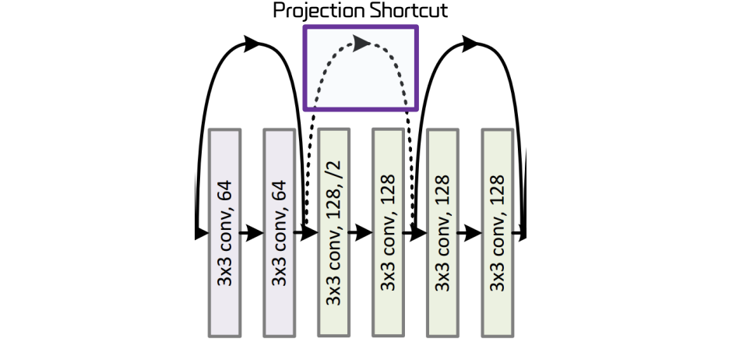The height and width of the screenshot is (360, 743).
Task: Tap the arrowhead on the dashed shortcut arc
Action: pyautogui.click(x=362, y=43)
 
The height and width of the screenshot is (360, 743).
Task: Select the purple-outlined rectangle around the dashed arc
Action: pyautogui.click(x=361, y=68)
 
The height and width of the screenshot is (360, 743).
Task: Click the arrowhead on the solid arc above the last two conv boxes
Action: pyautogui.click(x=471, y=44)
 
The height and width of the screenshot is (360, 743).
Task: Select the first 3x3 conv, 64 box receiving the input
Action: pyautogui.click(x=224, y=232)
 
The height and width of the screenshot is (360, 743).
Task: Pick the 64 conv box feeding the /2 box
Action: pyautogui.click(x=279, y=232)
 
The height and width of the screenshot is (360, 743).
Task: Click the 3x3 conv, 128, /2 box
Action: pyautogui.click(x=333, y=232)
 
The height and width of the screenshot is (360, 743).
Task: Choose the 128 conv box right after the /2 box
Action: pyautogui.click(x=388, y=232)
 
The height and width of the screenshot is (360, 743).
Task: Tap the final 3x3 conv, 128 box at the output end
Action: pyautogui.click(x=497, y=232)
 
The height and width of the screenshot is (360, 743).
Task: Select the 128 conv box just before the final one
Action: pyautogui.click(x=442, y=232)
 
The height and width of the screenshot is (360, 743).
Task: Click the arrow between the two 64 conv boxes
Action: pyautogui.click(x=252, y=233)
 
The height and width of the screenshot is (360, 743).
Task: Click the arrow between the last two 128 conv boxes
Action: pyautogui.click(x=470, y=233)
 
